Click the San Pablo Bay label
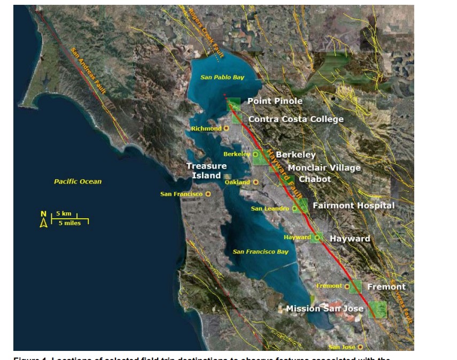click(x=222, y=78)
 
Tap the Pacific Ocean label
click(x=78, y=182)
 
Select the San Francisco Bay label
click(x=260, y=251)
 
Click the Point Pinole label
click(x=275, y=101)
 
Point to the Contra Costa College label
click(x=296, y=119)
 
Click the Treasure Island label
click(x=206, y=171)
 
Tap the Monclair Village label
click(x=324, y=168)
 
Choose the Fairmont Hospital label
click(x=353, y=205)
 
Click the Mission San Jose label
click(x=324, y=309)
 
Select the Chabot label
click(x=315, y=179)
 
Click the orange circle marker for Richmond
click(x=227, y=128)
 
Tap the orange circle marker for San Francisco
click(x=208, y=194)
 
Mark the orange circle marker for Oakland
click(x=255, y=182)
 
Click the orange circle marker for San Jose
click(x=360, y=347)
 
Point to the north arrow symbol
click(x=44, y=219)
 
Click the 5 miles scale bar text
click(x=69, y=223)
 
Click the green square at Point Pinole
click(x=234, y=104)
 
